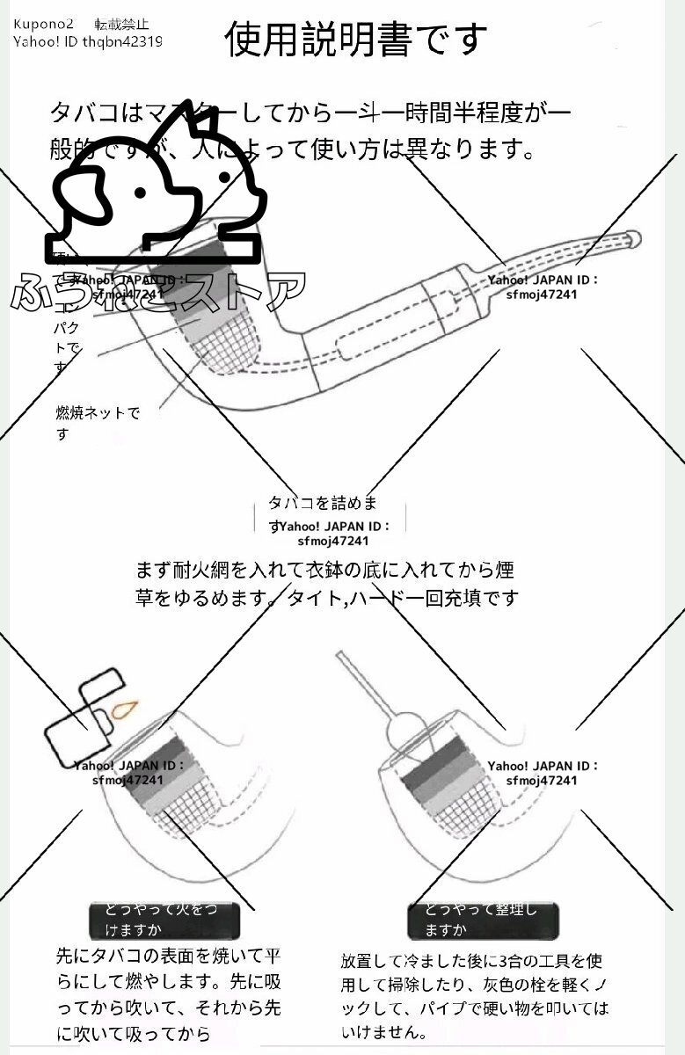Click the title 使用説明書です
click(355, 39)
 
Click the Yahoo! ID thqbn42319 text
click(88, 41)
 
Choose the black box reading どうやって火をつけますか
click(165, 920)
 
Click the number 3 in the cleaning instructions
click(502, 961)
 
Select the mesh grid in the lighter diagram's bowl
click(187, 804)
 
